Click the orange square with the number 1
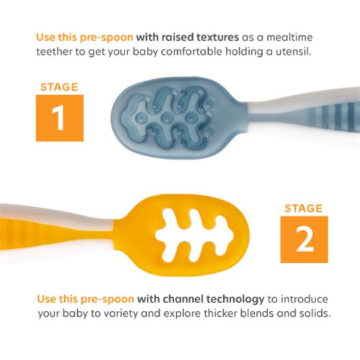point(60,118)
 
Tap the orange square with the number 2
point(304,239)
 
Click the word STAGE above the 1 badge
point(59,87)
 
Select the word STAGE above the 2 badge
point(304,208)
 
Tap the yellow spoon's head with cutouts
point(182,235)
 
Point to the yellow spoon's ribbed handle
point(56,235)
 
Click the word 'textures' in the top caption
point(217,37)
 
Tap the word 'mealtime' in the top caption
point(289,37)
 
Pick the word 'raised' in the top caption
point(178,37)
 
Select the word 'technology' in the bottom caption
point(235,300)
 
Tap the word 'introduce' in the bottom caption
point(305,299)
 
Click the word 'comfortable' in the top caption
point(192,52)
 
